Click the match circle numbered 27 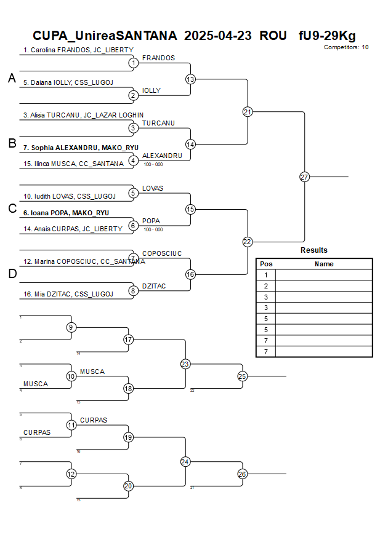click(x=304, y=177)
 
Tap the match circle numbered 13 click(x=190, y=79)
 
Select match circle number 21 click(x=248, y=111)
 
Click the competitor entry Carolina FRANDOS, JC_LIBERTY click(x=78, y=50)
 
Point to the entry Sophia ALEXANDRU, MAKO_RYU click(x=80, y=148)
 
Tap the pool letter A click(x=12, y=78)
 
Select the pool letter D click(x=12, y=274)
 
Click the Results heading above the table click(x=314, y=250)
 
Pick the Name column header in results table click(x=324, y=264)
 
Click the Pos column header click(x=266, y=264)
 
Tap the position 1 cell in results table click(x=266, y=275)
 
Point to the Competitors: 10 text click(x=346, y=47)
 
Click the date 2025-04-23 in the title click(x=218, y=36)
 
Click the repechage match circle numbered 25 click(x=242, y=376)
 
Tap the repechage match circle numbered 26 click(x=242, y=474)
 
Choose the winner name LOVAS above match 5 click(x=152, y=188)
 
